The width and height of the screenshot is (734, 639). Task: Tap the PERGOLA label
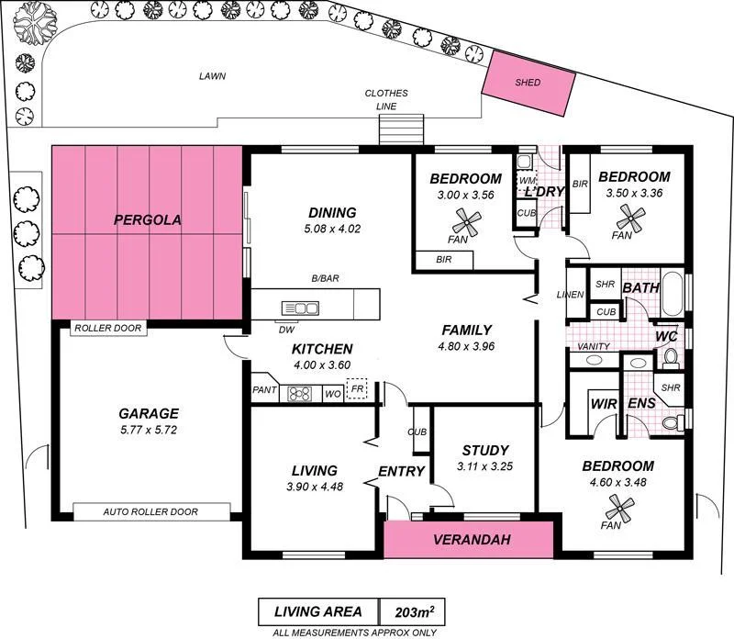[148, 220]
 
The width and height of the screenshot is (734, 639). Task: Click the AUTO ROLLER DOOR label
[151, 512]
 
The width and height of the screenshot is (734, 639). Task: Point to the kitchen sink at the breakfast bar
[300, 308]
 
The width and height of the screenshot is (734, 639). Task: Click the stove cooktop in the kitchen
[300, 394]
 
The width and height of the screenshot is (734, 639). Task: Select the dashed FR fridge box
[357, 391]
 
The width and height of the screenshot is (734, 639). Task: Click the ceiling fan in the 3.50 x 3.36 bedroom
[630, 217]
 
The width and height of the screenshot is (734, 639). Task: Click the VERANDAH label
[471, 539]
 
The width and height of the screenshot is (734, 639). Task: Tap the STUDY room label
[484, 451]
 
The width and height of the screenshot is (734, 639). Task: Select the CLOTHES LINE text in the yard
[385, 99]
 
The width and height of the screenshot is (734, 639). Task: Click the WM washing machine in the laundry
[526, 181]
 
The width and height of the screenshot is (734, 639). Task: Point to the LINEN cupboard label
[572, 295]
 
